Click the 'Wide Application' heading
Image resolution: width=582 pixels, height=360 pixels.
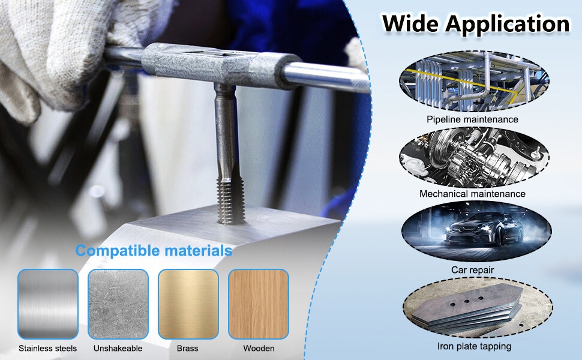tap(476, 24)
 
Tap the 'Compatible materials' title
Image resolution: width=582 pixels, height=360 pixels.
tap(154, 251)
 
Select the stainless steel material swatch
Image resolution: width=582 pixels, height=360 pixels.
tap(48, 304)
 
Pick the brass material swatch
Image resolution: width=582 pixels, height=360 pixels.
tap(188, 304)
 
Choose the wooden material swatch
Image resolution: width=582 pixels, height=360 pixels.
tap(259, 304)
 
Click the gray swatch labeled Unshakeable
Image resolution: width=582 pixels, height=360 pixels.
tap(118, 304)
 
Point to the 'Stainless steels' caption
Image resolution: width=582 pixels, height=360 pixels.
tap(47, 349)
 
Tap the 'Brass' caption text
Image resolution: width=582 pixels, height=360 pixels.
tap(187, 349)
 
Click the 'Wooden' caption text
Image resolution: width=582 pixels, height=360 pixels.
tap(259, 349)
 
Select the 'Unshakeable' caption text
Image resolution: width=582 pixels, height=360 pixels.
tap(118, 349)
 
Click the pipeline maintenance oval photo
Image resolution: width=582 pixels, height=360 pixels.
tap(474, 82)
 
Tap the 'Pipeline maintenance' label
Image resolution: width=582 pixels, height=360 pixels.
tap(472, 119)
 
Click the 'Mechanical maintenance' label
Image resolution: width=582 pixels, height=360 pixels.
tap(472, 194)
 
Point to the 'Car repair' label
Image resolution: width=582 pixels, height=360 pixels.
tap(473, 270)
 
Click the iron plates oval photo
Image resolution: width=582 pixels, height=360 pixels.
tap(478, 308)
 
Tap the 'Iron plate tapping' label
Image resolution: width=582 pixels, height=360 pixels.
tap(474, 346)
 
